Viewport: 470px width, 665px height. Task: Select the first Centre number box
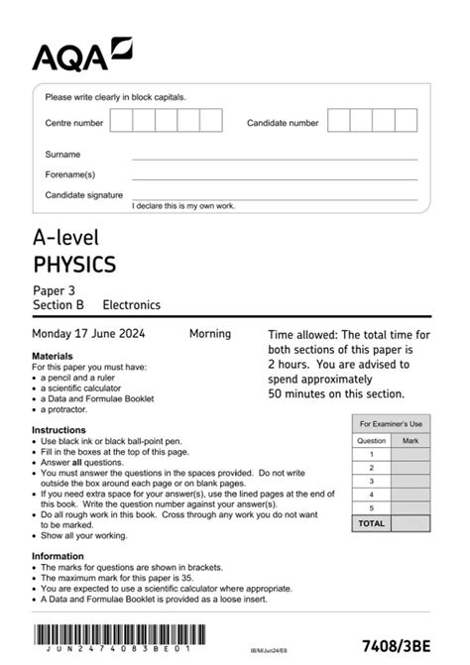(121, 121)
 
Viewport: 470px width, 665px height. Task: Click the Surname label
(62, 155)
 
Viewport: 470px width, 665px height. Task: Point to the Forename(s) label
(70, 174)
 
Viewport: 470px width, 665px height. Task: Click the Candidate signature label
(84, 195)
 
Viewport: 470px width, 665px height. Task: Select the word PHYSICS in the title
(74, 265)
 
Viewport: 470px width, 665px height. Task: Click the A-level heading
(66, 238)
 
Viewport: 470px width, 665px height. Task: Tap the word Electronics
(131, 305)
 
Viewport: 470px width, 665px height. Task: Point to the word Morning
(210, 334)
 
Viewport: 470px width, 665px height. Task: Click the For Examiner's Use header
(391, 423)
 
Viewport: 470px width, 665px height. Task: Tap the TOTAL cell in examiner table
(371, 522)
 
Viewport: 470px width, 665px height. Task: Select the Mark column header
(411, 440)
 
